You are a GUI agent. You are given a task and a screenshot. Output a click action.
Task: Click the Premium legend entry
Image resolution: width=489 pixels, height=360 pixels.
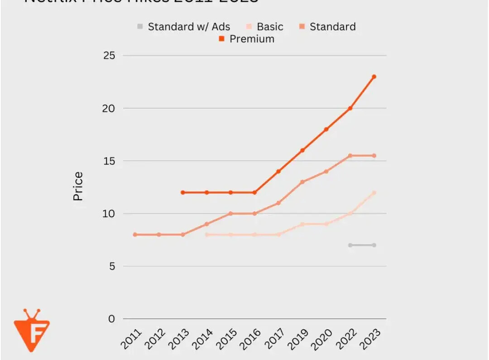pyautogui.click(x=247, y=39)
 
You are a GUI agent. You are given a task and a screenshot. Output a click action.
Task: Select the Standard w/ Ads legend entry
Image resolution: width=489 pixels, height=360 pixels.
pyautogui.click(x=184, y=27)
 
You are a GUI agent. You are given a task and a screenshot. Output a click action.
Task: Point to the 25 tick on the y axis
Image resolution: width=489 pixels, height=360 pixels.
pyautogui.click(x=109, y=56)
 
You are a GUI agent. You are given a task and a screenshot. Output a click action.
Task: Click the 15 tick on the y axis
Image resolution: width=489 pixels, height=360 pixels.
pyautogui.click(x=109, y=161)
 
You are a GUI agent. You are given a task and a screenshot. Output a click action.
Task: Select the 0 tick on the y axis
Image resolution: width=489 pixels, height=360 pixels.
pyautogui.click(x=112, y=319)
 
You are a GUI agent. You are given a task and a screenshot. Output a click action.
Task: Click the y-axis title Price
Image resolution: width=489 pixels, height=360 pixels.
pyautogui.click(x=78, y=186)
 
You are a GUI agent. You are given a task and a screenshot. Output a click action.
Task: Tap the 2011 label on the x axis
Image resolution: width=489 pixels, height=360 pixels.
pyautogui.click(x=131, y=338)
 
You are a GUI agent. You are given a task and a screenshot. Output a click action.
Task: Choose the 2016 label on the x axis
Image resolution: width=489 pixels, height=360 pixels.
pyautogui.click(x=250, y=338)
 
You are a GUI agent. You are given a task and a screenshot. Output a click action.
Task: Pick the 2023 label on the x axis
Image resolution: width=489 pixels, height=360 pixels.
pyautogui.click(x=370, y=338)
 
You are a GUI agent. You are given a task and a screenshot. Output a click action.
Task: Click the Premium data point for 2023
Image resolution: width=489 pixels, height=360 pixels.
pyautogui.click(x=374, y=77)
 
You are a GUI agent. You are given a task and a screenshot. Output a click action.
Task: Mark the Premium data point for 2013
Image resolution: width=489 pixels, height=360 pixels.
pyautogui.click(x=182, y=192)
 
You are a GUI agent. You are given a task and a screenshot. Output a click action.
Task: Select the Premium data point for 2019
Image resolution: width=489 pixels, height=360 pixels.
pyautogui.click(x=302, y=150)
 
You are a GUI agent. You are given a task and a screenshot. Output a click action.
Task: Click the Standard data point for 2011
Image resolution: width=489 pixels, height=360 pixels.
pyautogui.click(x=135, y=235)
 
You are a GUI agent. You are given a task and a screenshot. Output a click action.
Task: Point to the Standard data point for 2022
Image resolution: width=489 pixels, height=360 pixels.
pyautogui.click(x=350, y=156)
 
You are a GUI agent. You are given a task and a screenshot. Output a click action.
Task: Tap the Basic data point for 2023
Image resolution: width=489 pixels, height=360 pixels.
pyautogui.click(x=374, y=192)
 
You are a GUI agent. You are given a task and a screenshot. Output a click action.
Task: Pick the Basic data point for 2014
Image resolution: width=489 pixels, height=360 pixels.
pyautogui.click(x=206, y=235)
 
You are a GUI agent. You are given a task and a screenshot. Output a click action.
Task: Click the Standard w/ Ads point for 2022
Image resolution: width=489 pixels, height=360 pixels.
pyautogui.click(x=350, y=245)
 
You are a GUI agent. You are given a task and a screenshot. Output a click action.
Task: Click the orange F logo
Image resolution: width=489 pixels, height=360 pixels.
pyautogui.click(x=32, y=330)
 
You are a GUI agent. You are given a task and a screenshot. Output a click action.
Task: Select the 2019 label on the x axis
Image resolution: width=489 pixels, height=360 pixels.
pyautogui.click(x=298, y=338)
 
